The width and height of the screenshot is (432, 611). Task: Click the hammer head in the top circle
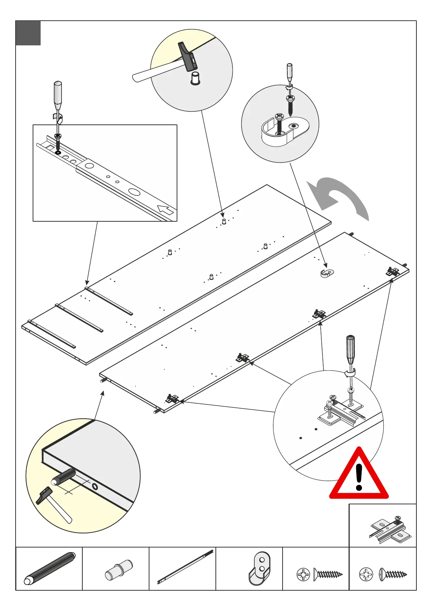(187, 57)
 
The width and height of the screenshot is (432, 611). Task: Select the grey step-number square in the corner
(28, 33)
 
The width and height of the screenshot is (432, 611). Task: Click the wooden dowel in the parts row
(49, 568)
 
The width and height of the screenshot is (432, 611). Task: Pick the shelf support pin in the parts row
(119, 570)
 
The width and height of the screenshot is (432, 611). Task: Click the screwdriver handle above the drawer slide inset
(58, 95)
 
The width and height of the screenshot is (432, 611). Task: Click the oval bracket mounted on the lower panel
(327, 273)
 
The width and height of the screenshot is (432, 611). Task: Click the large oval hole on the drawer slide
(134, 192)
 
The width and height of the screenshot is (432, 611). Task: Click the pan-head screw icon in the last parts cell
(393, 574)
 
